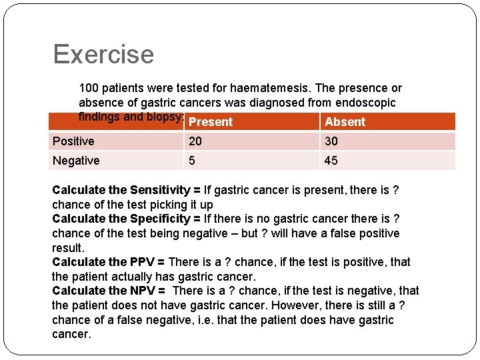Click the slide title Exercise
103,54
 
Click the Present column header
211,122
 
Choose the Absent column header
345,122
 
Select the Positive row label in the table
73,141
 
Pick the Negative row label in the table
76,161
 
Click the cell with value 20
195,141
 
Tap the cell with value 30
331,141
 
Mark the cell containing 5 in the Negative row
193,161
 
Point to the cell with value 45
331,161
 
